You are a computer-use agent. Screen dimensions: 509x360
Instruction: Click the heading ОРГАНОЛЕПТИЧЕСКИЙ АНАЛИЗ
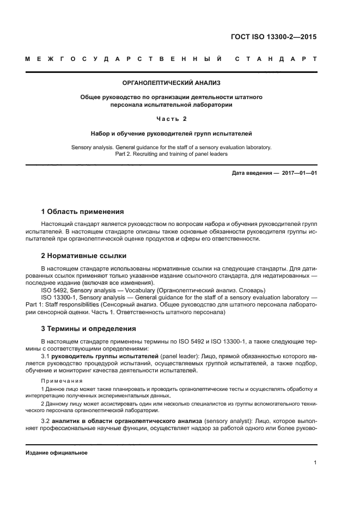[171, 84]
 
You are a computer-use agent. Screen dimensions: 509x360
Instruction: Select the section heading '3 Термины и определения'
[89, 328]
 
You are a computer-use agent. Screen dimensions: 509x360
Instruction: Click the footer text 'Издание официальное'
[56, 453]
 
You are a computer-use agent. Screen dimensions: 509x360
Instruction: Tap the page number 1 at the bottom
[315, 463]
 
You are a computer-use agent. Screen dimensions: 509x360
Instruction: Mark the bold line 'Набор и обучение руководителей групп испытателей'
[171, 133]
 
